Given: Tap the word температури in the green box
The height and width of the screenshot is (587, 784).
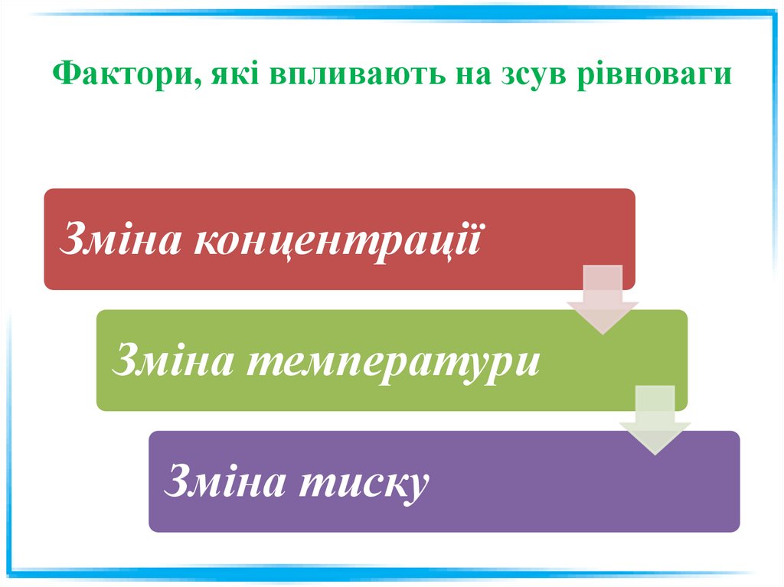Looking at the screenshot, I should coord(392,361).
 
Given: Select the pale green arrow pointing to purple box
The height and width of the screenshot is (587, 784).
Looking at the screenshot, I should coord(655,419).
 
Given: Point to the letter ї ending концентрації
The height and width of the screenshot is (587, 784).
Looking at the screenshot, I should coord(478,239).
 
